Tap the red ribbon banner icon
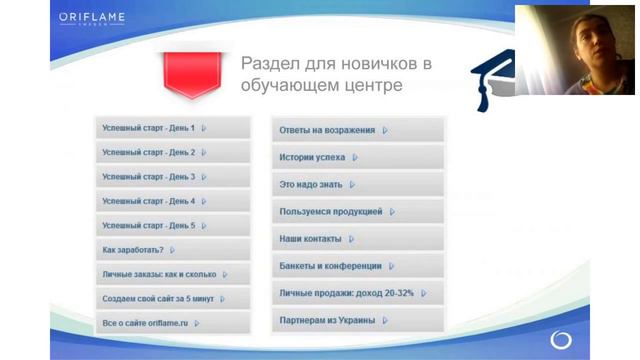pos(187,72)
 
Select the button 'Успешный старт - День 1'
pos(172,128)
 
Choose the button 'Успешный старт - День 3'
pos(172,177)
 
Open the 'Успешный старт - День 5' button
pos(172,226)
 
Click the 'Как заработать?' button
pos(172,250)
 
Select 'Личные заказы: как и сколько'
pos(172,274)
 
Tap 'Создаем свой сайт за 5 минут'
pos(172,299)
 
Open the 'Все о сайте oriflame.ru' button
pos(172,323)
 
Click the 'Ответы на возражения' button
pos(357,130)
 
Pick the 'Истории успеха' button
pos(357,157)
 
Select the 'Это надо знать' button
pos(357,184)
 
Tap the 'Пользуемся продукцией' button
pos(357,212)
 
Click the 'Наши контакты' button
pos(357,239)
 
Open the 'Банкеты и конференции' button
pos(357,266)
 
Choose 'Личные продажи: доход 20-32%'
pos(357,293)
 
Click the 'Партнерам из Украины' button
pos(357,320)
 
